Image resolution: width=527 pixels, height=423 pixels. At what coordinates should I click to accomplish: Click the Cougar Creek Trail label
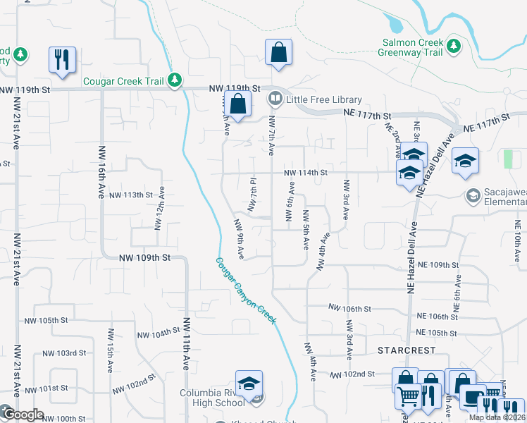click(x=123, y=81)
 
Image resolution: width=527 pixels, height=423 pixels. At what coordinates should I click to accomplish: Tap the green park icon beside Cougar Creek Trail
click(x=175, y=80)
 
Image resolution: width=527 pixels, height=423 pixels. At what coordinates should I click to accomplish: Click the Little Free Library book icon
click(x=275, y=100)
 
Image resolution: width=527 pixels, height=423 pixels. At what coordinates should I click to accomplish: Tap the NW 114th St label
click(x=306, y=173)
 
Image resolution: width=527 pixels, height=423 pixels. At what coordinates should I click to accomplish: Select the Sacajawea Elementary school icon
click(x=473, y=194)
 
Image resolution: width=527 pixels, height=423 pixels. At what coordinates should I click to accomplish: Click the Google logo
click(x=23, y=415)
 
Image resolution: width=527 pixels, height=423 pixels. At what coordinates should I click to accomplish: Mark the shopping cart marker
click(x=408, y=397)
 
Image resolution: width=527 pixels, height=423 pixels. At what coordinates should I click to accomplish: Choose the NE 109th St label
click(x=438, y=265)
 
